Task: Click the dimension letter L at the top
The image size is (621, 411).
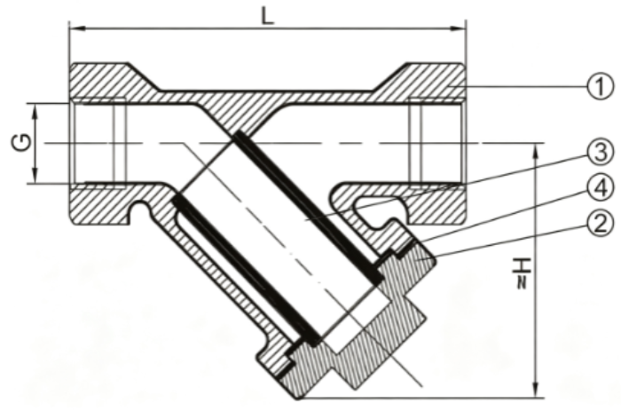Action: [x=268, y=16]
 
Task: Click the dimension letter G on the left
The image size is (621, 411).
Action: [x=22, y=143]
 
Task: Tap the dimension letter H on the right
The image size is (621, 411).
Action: [x=522, y=266]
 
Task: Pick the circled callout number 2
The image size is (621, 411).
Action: [x=600, y=224]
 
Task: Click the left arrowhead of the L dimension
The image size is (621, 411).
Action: [x=78, y=28]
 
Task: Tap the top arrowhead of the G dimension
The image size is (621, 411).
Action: [x=35, y=111]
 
